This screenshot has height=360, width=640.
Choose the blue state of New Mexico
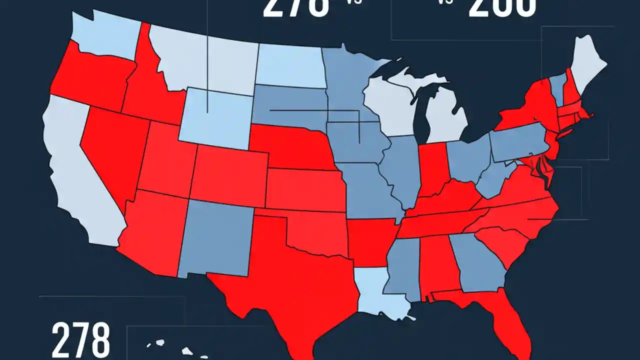[220, 240]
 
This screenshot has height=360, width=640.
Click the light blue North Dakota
[290, 65]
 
